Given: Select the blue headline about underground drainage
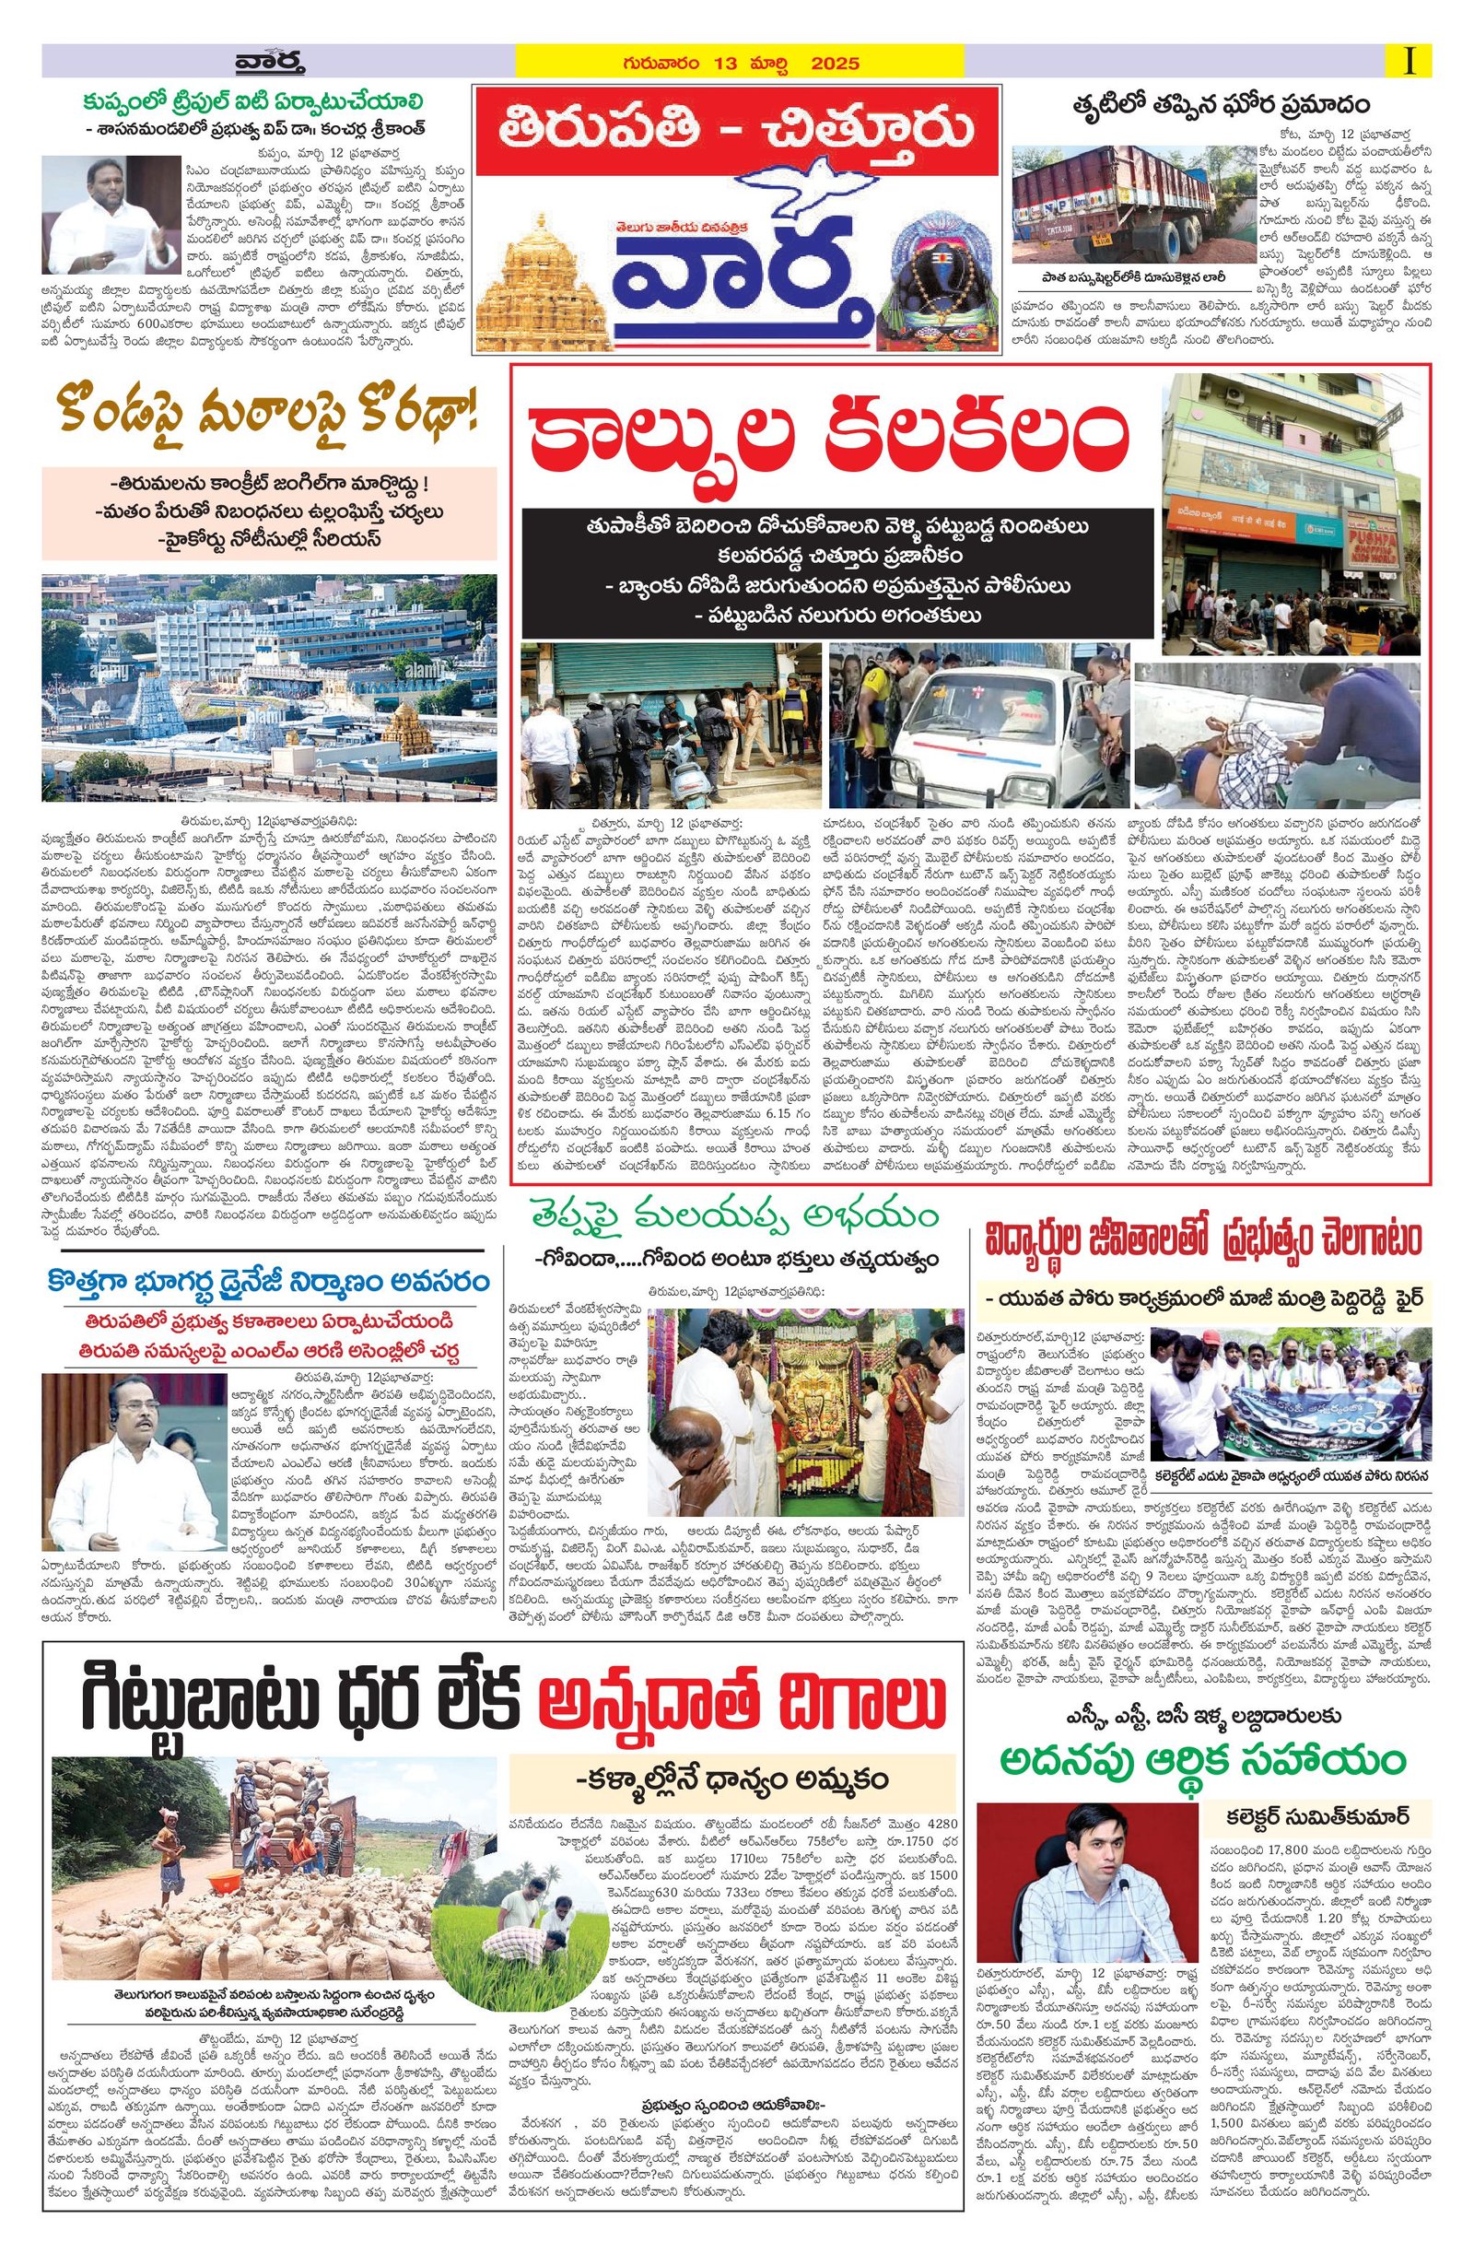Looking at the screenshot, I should [x=269, y=1283].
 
